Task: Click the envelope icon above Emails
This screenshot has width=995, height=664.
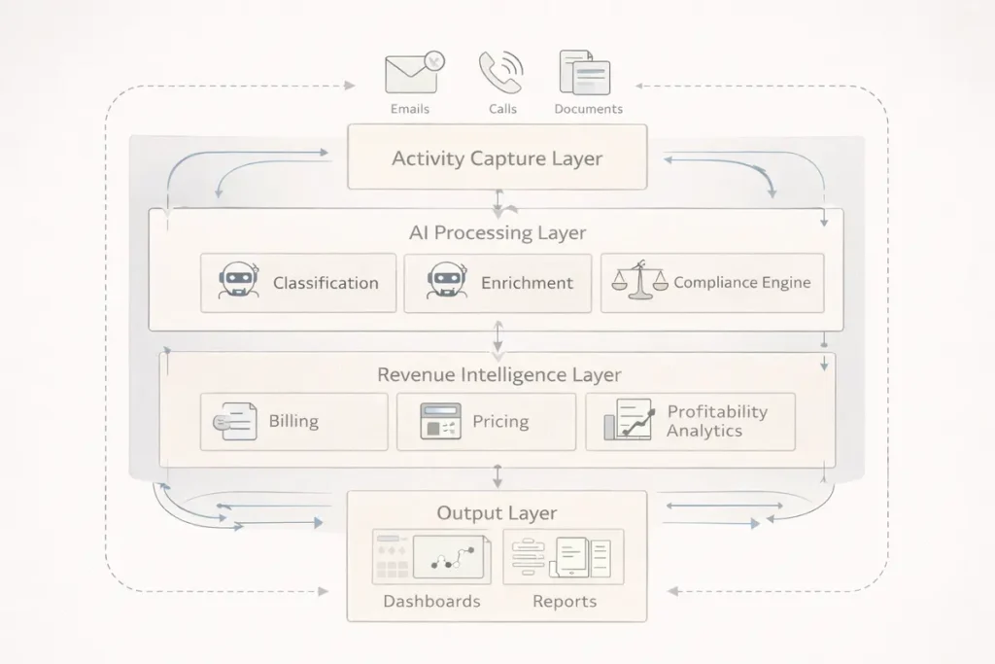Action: [x=411, y=73]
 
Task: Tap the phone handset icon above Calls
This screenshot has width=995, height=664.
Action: [x=500, y=73]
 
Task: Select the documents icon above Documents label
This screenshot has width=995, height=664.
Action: [x=585, y=73]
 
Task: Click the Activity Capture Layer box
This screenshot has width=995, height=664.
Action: [x=497, y=157]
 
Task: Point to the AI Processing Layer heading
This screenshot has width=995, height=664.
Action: [x=497, y=233]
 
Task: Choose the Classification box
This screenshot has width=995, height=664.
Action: [x=298, y=283]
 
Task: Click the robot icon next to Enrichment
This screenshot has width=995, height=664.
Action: [x=446, y=282]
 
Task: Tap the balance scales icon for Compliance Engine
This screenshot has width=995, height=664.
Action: [x=639, y=281]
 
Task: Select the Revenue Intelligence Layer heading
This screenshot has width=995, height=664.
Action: [x=498, y=374]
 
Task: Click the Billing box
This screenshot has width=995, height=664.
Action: [x=293, y=422]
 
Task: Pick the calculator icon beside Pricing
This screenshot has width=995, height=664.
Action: [x=440, y=422]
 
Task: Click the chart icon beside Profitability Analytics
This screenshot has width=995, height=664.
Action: [x=628, y=421]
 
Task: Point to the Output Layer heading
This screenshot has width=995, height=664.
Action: [x=497, y=512]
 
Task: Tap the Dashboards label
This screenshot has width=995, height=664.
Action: [x=431, y=601]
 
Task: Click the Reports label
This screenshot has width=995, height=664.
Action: [x=564, y=601]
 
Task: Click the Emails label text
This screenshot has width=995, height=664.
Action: [x=410, y=109]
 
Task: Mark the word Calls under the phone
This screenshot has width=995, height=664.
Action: [x=502, y=109]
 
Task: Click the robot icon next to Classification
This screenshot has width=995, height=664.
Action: [x=238, y=282]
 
